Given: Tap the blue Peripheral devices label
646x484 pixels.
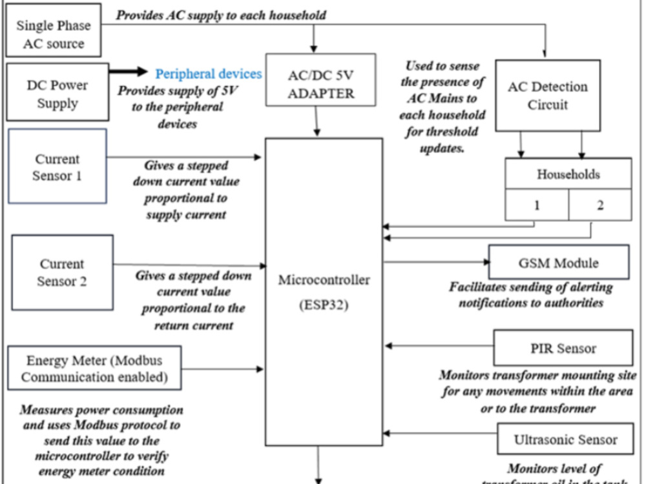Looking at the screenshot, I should coord(209,74).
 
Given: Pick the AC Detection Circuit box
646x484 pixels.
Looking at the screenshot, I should coord(547,96).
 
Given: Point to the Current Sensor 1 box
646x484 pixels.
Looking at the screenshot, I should coord(58,166).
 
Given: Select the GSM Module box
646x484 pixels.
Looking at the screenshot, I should coord(558,263).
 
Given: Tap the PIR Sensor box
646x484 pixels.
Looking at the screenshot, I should coord(563,348).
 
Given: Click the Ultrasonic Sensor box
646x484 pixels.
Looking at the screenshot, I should coord(565,440).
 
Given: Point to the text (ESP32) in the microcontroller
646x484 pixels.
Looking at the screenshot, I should coord(324,305).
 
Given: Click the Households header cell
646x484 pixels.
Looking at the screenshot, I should coord(568,174).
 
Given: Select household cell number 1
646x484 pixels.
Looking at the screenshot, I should coord(536,205).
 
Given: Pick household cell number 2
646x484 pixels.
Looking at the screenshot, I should coord(600,205).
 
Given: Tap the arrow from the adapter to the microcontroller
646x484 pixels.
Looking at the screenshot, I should coord(317,122).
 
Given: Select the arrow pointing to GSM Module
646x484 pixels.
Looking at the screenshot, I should coord(435,263).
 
